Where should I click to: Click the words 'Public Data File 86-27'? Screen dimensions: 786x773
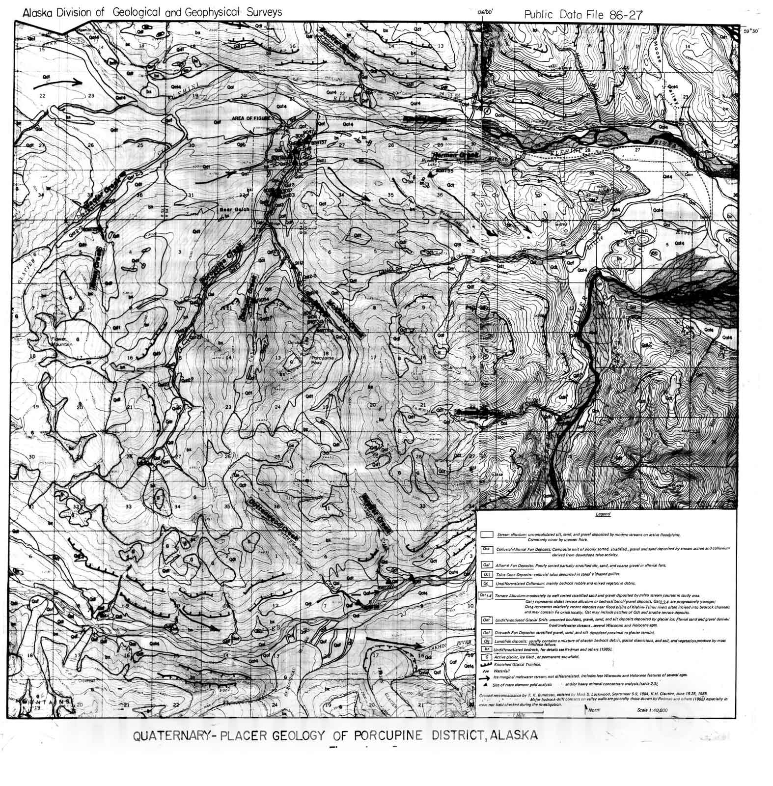click(582, 15)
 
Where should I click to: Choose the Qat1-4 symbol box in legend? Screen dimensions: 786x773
click(486, 596)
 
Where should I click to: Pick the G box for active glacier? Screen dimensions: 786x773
click(487, 656)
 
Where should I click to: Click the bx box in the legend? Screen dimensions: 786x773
click(487, 649)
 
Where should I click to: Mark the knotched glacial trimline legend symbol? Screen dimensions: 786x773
click(486, 664)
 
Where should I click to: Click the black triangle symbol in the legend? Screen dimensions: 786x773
click(486, 684)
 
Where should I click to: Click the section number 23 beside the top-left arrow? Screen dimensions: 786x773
click(90, 96)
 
